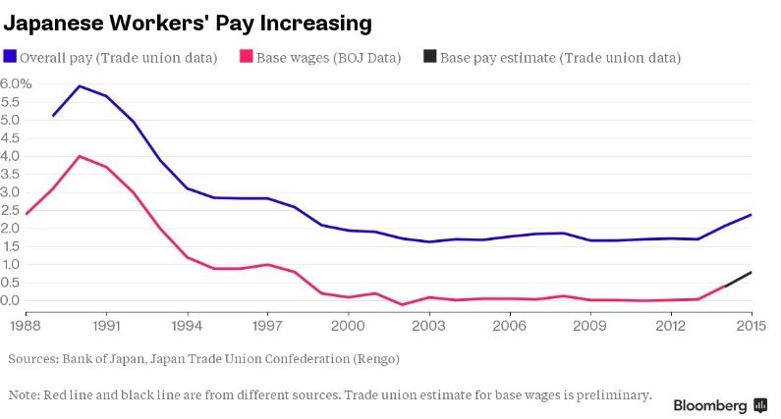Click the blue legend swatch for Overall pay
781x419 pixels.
(x=11, y=58)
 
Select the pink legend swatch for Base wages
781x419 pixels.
(x=247, y=58)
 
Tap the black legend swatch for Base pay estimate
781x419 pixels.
(x=429, y=58)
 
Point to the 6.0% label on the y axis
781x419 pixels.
(x=17, y=84)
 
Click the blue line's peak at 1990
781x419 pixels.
(x=80, y=86)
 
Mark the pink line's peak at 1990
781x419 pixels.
(x=80, y=157)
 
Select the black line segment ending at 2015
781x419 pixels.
(x=739, y=279)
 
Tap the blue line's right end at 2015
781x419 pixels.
(x=752, y=215)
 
